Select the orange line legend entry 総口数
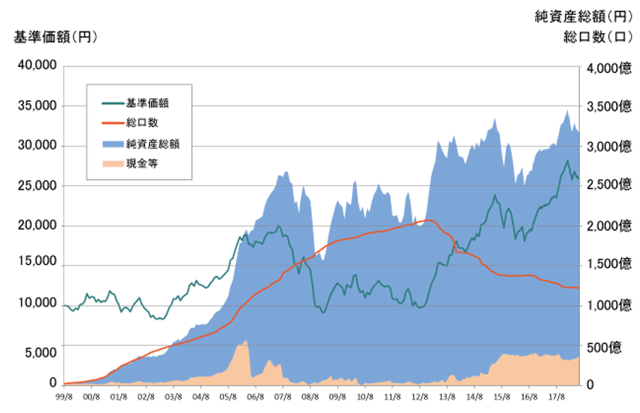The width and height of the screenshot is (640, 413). [x=141, y=123]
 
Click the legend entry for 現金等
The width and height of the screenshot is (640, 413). [x=141, y=162]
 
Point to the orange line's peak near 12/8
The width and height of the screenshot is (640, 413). [x=427, y=220]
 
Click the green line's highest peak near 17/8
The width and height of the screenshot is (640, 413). [x=568, y=160]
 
